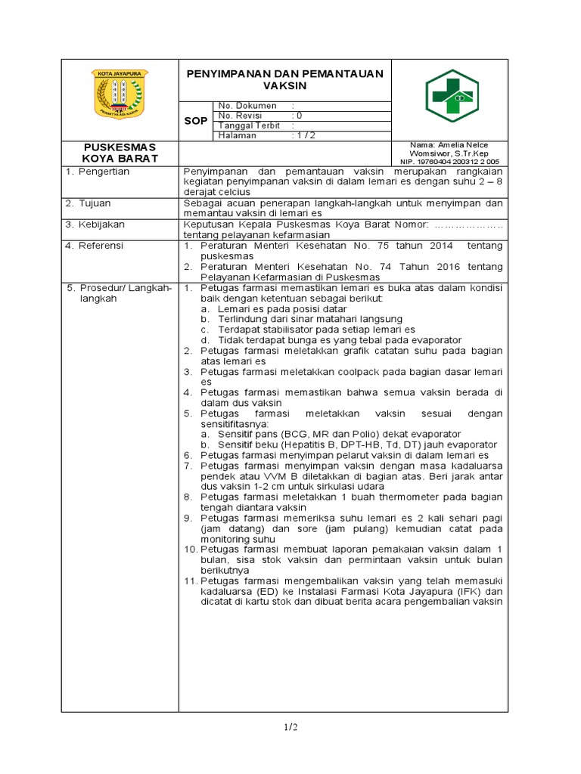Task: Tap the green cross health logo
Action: pyautogui.click(x=452, y=96)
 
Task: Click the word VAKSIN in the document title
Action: pyautogui.click(x=285, y=86)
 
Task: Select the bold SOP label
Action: pyautogui.click(x=195, y=121)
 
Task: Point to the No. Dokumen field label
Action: pyautogui.click(x=247, y=106)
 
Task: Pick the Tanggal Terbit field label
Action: pyautogui.click(x=249, y=125)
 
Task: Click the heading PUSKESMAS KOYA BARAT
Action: pyautogui.click(x=120, y=152)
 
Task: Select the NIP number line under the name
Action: pyautogui.click(x=449, y=161)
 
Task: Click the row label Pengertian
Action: pyautogui.click(x=102, y=172)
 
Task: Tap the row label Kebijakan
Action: pyautogui.click(x=101, y=224)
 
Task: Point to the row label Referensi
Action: pyautogui.click(x=101, y=246)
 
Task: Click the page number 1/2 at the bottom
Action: pyautogui.click(x=290, y=727)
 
